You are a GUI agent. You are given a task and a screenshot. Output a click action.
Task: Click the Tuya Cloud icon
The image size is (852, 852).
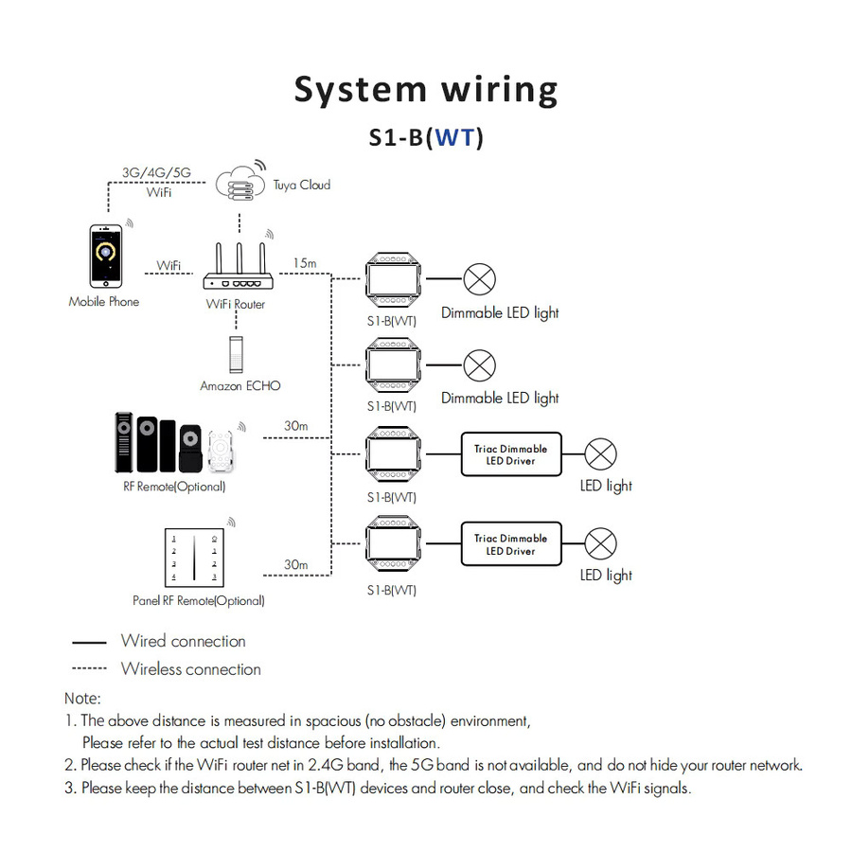point(240,183)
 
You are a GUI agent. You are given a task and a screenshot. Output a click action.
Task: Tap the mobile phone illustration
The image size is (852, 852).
point(106,256)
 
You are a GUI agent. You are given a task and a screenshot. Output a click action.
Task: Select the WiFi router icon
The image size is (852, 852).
point(239,266)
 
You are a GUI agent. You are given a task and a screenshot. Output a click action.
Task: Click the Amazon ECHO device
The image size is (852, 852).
point(236,354)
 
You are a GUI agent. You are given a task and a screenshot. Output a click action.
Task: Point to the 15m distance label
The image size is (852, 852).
point(305,263)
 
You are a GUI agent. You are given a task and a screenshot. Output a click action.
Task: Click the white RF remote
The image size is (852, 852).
point(221,451)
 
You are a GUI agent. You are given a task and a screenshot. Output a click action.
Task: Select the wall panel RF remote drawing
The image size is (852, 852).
point(194,558)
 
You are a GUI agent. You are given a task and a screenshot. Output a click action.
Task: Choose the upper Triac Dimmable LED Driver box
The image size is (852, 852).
point(511,454)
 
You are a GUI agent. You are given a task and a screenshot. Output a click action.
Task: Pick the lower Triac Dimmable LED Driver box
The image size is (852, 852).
point(511,544)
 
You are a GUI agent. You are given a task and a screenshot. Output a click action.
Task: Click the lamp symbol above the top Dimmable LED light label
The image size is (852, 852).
point(479,279)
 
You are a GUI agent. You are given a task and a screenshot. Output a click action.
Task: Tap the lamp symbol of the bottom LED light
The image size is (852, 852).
point(600,543)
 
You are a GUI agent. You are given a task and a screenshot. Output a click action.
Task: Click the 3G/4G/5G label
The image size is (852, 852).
point(156,173)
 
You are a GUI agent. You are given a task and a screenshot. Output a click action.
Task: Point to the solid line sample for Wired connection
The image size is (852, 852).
point(89,642)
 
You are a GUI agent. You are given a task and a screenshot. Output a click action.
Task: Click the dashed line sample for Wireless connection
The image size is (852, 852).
point(89,667)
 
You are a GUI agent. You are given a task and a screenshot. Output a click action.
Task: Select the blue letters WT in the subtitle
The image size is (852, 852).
point(455,137)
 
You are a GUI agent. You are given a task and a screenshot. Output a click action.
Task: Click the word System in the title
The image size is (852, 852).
point(361,91)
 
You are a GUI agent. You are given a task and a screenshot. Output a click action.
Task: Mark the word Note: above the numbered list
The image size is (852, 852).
point(82,699)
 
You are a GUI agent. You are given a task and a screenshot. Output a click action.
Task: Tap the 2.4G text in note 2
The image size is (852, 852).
point(326,765)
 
